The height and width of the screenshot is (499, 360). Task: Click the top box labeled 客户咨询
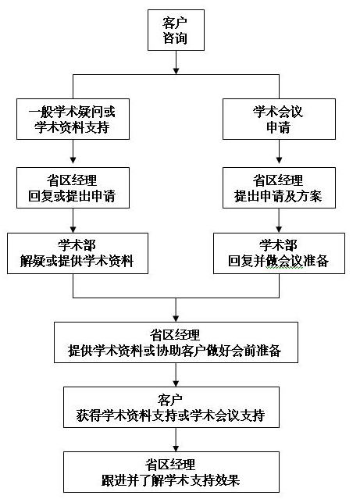pyautogui.click(x=176, y=30)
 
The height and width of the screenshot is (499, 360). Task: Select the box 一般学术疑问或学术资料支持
pyautogui.click(x=73, y=119)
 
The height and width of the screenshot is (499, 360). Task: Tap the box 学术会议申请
pyautogui.click(x=279, y=119)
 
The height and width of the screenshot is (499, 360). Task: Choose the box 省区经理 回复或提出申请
pyautogui.click(x=73, y=187)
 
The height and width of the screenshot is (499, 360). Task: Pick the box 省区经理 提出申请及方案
pyautogui.click(x=279, y=187)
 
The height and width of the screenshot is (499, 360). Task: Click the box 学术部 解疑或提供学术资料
pyautogui.click(x=77, y=253)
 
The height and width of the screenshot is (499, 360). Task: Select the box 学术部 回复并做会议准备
pyautogui.click(x=279, y=253)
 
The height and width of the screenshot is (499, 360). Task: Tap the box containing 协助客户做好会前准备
pyautogui.click(x=176, y=342)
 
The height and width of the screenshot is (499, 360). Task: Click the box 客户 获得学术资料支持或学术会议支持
pyautogui.click(x=171, y=407)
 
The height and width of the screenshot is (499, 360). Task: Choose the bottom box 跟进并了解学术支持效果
pyautogui.click(x=171, y=472)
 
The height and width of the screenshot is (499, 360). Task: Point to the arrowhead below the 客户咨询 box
pyautogui.click(x=176, y=70)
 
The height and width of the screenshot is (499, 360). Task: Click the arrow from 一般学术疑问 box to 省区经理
pyautogui.click(x=73, y=151)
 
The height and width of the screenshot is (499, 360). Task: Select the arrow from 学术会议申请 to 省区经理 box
pyautogui.click(x=279, y=151)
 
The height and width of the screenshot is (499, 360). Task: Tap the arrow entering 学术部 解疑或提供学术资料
pyautogui.click(x=73, y=220)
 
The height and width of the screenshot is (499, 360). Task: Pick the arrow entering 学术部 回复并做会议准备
pyautogui.click(x=279, y=220)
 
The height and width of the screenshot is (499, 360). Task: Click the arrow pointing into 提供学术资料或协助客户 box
pyautogui.click(x=176, y=310)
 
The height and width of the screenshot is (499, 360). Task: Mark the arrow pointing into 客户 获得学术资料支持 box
pyautogui.click(x=176, y=375)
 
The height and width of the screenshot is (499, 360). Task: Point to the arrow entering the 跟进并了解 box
pyautogui.click(x=176, y=440)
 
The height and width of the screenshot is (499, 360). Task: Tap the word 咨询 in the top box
pyautogui.click(x=175, y=37)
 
